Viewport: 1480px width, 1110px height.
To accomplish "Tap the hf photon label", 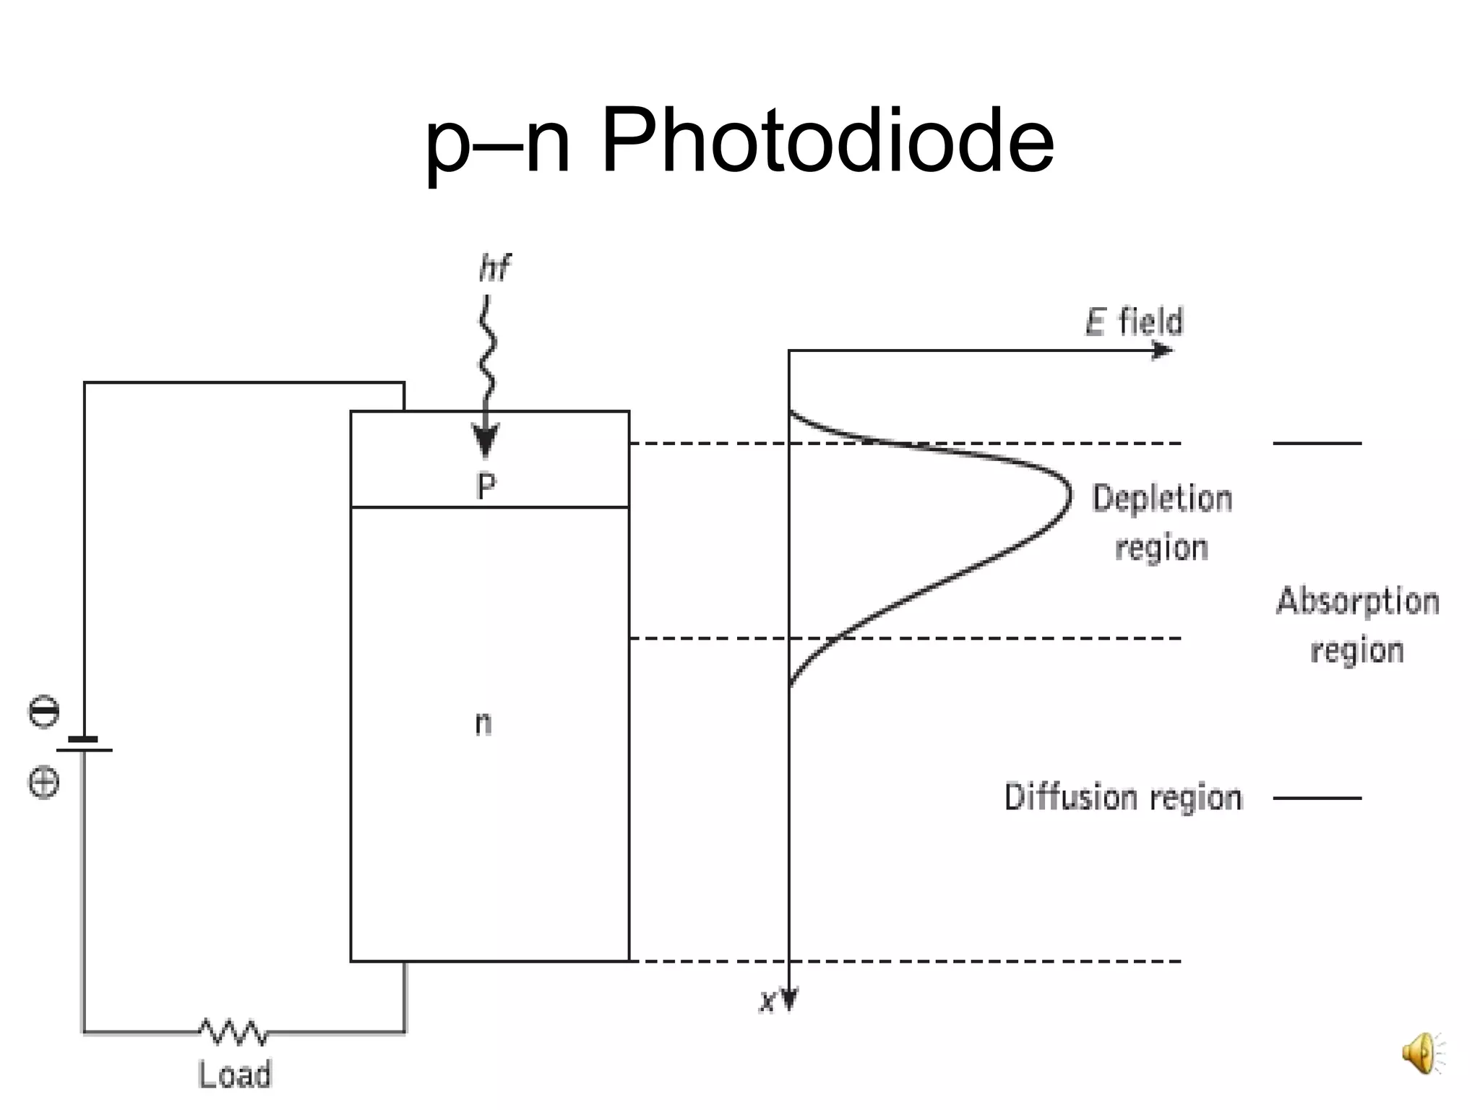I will click(494, 268).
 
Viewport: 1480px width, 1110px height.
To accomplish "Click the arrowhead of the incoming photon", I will click(485, 442).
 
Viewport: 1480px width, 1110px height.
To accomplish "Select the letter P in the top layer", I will click(486, 486).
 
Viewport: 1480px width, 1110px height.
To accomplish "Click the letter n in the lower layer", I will click(483, 723).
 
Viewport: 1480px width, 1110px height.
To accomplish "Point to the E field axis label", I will click(1134, 322).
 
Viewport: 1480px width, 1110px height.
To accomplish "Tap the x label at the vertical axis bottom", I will click(767, 1002).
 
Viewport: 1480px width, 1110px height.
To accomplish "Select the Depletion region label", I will click(1161, 522).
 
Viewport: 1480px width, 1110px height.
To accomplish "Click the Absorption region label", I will click(1357, 626).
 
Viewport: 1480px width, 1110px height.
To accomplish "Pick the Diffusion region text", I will click(1123, 798).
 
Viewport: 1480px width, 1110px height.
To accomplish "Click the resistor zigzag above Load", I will click(233, 1032).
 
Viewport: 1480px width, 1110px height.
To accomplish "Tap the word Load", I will click(235, 1075).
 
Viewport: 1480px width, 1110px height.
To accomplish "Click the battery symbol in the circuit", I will click(84, 745).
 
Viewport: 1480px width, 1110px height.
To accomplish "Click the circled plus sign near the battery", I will click(43, 783).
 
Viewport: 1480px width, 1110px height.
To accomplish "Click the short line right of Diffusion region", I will click(1317, 799).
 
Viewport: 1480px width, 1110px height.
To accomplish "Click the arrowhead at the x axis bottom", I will click(789, 999).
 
